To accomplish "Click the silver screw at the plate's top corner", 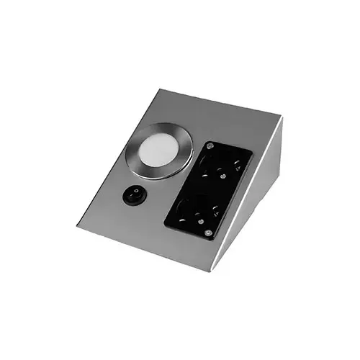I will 210,147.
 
